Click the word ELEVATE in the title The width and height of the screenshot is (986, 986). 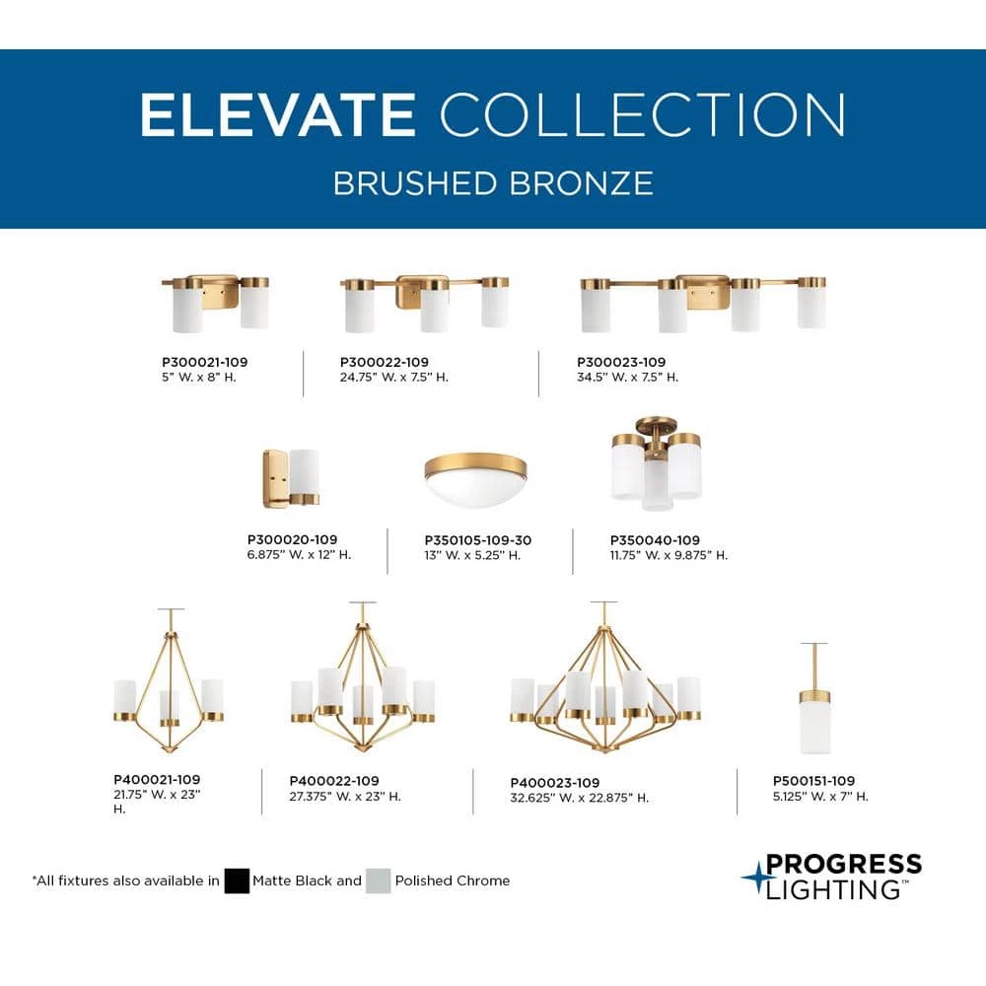pos(277,115)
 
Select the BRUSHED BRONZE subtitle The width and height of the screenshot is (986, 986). pos(493,183)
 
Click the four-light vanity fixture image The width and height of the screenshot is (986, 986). pos(702,302)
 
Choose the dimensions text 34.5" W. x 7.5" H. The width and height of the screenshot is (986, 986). pos(628,377)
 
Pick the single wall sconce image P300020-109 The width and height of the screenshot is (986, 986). pos(291,477)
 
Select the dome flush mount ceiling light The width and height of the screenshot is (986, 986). pos(475,479)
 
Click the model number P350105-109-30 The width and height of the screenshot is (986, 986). pos(478,540)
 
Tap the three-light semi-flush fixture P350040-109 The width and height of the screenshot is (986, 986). pos(657,468)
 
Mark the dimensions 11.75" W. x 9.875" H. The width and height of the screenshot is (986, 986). pos(669,555)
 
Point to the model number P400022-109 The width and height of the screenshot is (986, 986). pos(334,781)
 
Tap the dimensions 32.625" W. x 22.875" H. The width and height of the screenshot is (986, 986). pos(580,798)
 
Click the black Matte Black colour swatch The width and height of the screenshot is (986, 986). pos(237,880)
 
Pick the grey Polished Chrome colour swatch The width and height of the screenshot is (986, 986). pos(378,880)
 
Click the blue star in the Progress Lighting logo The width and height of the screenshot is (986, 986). pos(756,876)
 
